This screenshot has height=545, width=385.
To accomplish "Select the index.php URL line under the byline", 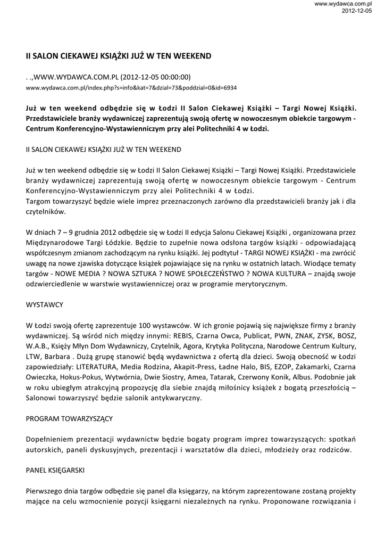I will click(x=131, y=87).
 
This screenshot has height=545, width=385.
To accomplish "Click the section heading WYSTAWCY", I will click(x=45, y=305).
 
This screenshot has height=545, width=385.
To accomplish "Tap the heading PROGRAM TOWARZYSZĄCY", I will click(x=69, y=418).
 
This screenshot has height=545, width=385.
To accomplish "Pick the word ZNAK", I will click(x=306, y=336).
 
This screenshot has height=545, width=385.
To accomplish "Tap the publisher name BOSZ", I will click(x=347, y=336).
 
